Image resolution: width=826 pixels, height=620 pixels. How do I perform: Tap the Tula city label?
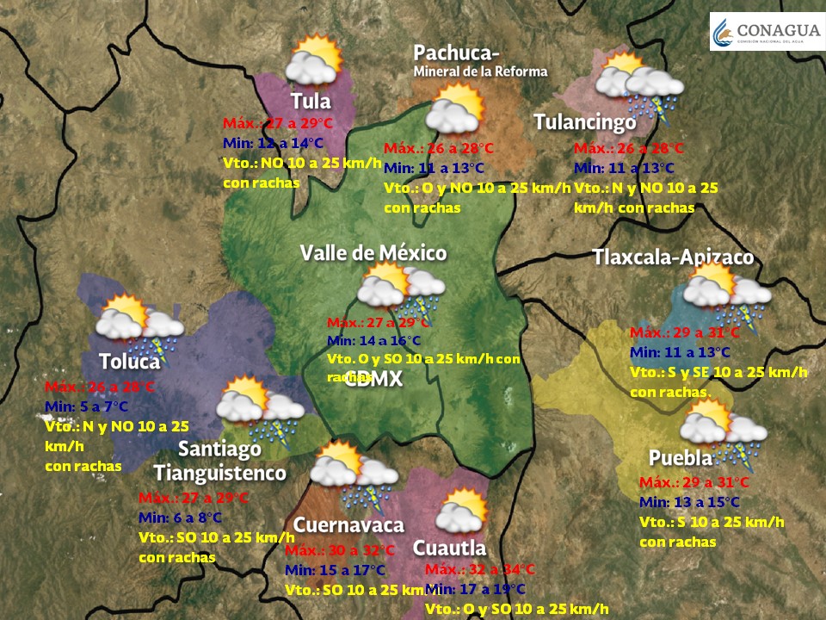coord(310,102)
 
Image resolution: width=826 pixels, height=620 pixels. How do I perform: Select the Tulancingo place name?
coord(584,122)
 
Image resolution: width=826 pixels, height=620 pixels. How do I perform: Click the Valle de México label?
coord(373,252)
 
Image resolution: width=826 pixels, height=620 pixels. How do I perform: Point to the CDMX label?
coord(373,380)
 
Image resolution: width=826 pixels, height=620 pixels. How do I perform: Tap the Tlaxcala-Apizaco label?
coord(673,257)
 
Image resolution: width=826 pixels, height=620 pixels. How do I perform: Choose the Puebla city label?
coord(681,457)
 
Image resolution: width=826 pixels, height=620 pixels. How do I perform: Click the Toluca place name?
coord(130,361)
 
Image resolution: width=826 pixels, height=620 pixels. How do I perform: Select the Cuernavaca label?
coord(348,524)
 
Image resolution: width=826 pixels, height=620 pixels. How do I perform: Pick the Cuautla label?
coord(449,548)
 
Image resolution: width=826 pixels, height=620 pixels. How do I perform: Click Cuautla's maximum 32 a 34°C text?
coord(480,569)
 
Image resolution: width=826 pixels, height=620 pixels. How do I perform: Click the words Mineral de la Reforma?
coord(479,71)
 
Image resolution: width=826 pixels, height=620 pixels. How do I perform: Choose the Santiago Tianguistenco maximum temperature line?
coord(194,498)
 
